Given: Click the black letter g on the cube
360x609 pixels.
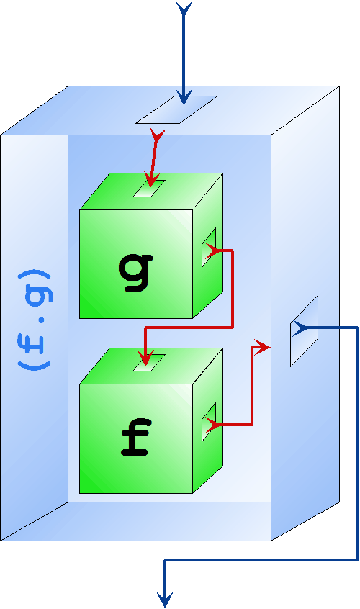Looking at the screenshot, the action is coord(135,272).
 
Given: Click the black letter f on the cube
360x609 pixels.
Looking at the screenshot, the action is coord(135,438).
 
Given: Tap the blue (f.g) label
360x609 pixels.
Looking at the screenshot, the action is coord(34,320).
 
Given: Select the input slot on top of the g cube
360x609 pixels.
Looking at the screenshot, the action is coord(149,189).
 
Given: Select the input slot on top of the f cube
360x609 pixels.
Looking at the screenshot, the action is coord(149,362).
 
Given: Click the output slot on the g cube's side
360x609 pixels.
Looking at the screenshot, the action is coord(209,247).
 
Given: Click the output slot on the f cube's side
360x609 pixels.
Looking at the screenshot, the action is coord(209,422).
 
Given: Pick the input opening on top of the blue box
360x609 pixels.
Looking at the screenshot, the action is coord(176,109).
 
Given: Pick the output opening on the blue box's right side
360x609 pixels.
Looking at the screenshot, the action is coord(304,331).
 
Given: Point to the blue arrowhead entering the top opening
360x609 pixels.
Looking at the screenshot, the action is coord(184,96).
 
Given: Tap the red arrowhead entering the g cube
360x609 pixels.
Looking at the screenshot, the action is coord(150,180).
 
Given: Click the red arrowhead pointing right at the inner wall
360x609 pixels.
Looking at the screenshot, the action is coord(262,347).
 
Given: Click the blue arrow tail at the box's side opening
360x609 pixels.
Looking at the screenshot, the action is coord(300,328).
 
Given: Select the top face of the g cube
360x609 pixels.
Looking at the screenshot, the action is coord(151,191).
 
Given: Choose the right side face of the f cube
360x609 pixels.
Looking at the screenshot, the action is coord(208,420).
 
